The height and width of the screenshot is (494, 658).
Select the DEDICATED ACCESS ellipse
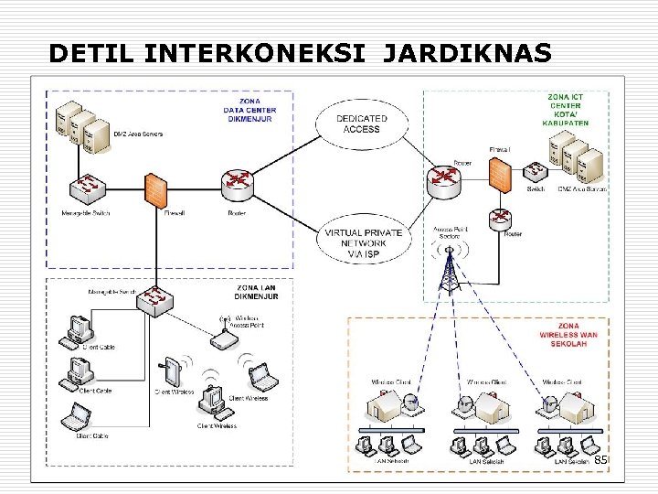(x=361, y=123)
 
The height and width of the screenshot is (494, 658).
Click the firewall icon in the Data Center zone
(x=155, y=189)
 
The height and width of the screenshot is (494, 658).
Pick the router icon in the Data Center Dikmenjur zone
(x=237, y=183)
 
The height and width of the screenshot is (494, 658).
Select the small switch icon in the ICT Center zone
(x=534, y=170)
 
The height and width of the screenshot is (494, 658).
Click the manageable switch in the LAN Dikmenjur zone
(x=158, y=299)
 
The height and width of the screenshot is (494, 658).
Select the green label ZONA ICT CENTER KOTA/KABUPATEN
(x=567, y=109)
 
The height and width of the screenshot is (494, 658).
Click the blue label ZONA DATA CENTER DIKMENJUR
(x=249, y=111)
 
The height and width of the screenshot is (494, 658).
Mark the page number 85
(x=600, y=461)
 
